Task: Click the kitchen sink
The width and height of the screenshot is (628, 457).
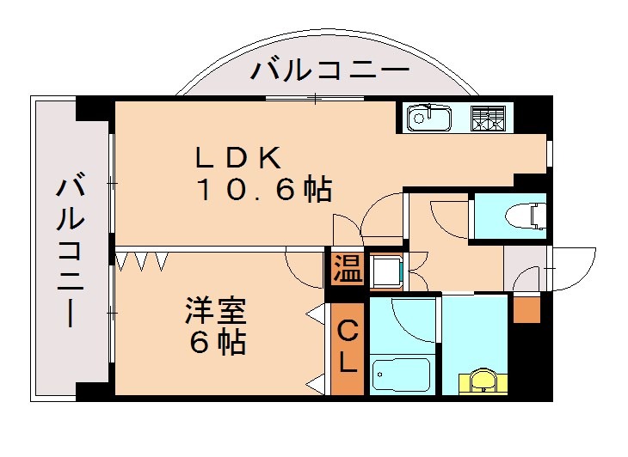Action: [428, 118]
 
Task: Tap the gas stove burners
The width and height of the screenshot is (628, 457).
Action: [487, 118]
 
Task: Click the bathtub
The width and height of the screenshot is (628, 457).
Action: [401, 375]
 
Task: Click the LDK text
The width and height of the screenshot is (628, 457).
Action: [239, 157]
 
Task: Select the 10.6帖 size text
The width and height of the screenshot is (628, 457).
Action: [263, 190]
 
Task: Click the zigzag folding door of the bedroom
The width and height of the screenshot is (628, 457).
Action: [142, 259]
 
